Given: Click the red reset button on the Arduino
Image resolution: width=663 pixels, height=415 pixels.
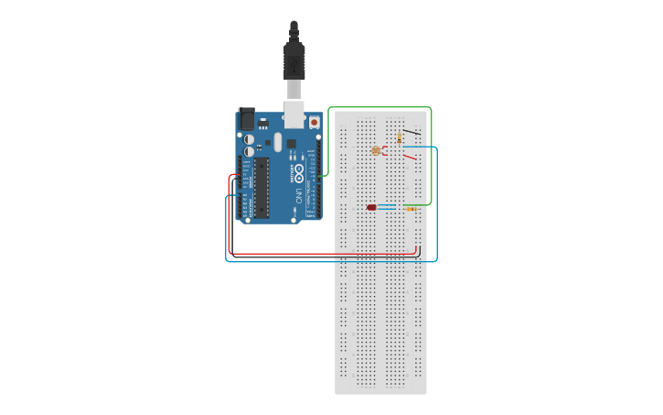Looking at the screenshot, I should tap(315, 121).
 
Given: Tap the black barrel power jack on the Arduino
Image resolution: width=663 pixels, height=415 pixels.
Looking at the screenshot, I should tap(246, 118).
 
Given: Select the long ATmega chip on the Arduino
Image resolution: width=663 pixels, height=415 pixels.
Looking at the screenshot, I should tap(261, 187).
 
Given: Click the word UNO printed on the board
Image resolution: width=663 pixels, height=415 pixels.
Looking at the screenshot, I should tap(299, 194).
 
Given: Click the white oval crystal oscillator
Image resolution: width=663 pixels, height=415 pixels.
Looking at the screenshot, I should tap(276, 141).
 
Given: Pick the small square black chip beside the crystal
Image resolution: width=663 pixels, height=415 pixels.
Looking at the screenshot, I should tap(292, 143).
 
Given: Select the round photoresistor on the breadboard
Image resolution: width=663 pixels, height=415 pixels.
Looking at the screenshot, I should tap(376, 149).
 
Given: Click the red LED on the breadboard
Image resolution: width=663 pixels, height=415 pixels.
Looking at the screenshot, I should tap(372, 208).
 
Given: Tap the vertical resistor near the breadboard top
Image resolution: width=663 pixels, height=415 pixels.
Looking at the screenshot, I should tap(400, 138).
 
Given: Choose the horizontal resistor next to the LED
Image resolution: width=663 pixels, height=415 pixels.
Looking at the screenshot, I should tap(411, 209).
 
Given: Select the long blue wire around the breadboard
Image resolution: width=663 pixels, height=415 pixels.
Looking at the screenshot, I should tap(329, 262).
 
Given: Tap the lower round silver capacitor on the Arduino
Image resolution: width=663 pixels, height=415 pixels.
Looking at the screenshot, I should tap(249, 152).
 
